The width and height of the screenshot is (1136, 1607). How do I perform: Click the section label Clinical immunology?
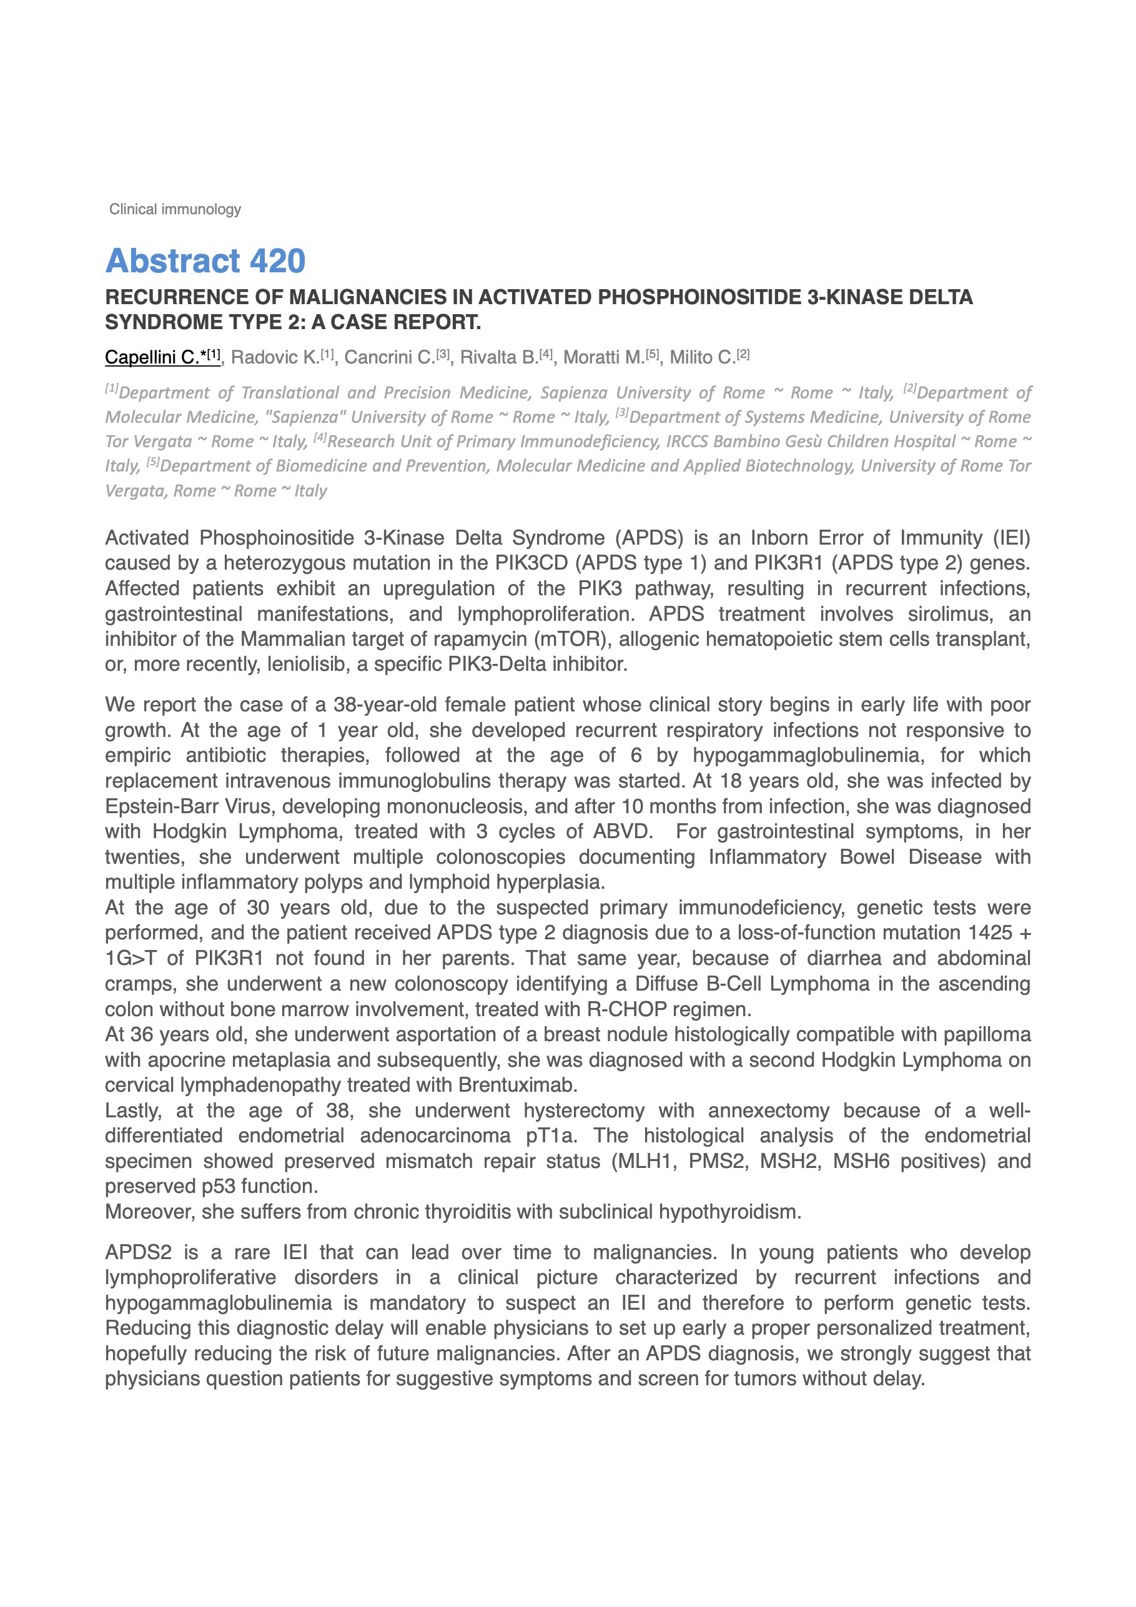[174, 209]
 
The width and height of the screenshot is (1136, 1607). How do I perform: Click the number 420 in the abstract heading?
[277, 261]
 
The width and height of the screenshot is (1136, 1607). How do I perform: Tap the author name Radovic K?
[275, 358]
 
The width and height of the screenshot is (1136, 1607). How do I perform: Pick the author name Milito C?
[702, 358]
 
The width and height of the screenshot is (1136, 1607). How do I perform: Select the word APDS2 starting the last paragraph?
[138, 1252]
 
